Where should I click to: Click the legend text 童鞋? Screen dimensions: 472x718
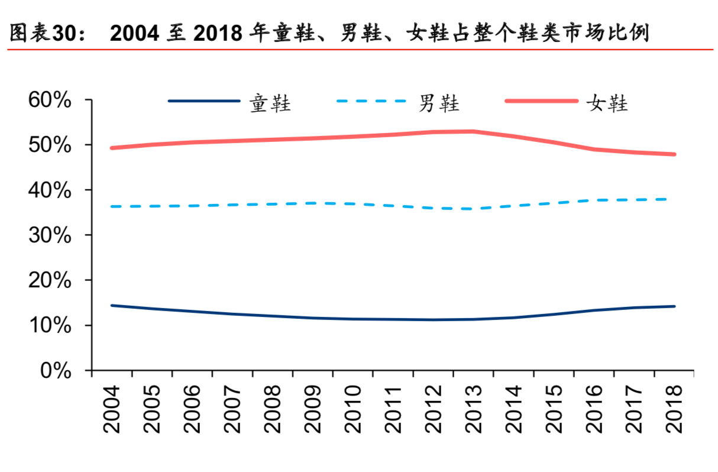click(270, 104)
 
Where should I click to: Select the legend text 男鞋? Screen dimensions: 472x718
click(439, 104)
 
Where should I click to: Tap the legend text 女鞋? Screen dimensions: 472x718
click(607, 104)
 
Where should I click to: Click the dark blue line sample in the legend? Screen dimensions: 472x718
click(204, 101)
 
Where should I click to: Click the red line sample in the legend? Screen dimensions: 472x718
click(541, 101)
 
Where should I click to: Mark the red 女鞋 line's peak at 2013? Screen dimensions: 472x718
click(474, 131)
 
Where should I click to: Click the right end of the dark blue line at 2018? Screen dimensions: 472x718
click(674, 306)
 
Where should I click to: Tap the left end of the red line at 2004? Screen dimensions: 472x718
click(112, 148)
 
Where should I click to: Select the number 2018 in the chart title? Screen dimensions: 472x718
click(218, 34)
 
